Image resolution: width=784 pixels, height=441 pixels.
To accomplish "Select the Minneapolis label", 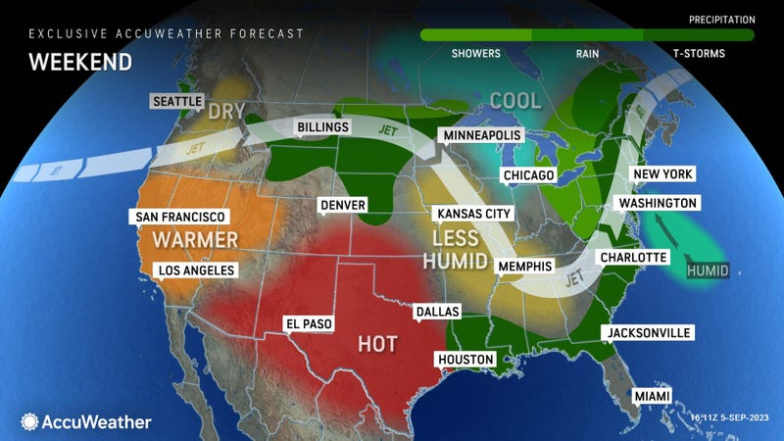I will click(479, 133).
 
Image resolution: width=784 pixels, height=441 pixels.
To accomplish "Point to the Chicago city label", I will click(528, 175).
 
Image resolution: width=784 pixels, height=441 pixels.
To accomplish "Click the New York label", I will click(663, 173).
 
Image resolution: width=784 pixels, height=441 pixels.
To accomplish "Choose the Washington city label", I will click(655, 203).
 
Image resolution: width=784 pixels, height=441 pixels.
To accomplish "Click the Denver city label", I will click(341, 205).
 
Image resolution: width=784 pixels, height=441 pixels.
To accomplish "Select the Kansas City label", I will click(472, 212).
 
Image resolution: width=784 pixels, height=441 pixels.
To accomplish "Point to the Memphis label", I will click(524, 267).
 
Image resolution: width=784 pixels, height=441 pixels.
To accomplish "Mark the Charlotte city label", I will click(635, 257).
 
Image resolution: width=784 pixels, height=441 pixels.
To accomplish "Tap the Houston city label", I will click(465, 360).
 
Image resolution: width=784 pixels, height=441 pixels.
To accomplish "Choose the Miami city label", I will click(652, 395).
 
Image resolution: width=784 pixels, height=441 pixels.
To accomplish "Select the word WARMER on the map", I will click(194, 240).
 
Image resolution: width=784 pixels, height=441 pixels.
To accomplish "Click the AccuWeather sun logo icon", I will click(28, 421).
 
